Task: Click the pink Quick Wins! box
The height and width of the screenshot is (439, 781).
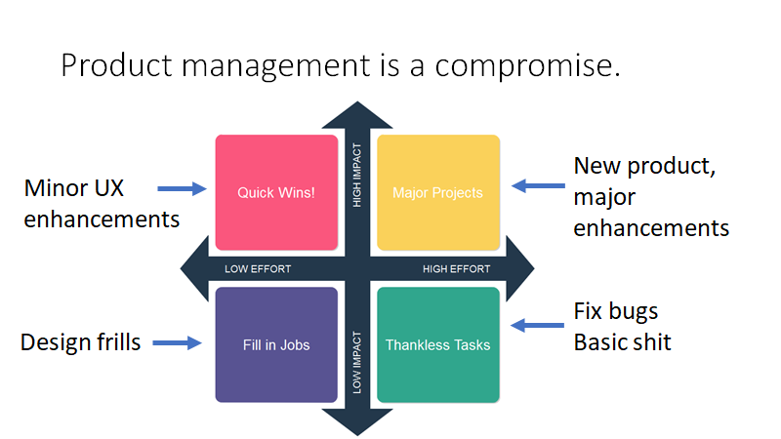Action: tap(276, 192)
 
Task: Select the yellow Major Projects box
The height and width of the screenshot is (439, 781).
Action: tap(438, 192)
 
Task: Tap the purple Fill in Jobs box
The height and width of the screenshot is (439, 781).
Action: tap(276, 344)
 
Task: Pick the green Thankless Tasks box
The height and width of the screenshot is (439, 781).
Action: tap(438, 344)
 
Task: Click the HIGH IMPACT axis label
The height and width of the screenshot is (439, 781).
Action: tap(357, 176)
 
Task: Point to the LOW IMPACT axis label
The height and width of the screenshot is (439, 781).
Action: tap(357, 362)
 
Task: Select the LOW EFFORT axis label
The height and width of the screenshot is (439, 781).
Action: tap(258, 269)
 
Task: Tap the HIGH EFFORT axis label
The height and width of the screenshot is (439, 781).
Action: tap(456, 269)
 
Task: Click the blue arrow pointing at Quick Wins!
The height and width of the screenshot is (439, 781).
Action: tap(182, 188)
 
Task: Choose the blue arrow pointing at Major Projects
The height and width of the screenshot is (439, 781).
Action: tap(539, 185)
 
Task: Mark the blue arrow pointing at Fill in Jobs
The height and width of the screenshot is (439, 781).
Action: tap(177, 343)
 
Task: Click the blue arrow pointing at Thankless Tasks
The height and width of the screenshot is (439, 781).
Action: tap(538, 326)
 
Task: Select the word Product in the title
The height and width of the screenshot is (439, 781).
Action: tap(116, 65)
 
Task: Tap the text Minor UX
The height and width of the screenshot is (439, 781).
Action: tap(74, 188)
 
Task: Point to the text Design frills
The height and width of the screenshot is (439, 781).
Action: tap(81, 342)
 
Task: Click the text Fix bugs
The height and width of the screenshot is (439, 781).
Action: tap(616, 311)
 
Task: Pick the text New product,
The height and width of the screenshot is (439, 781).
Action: tap(644, 166)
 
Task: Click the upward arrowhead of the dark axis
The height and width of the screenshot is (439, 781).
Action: tap(357, 115)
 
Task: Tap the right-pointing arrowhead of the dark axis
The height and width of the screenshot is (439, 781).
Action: tap(520, 269)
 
